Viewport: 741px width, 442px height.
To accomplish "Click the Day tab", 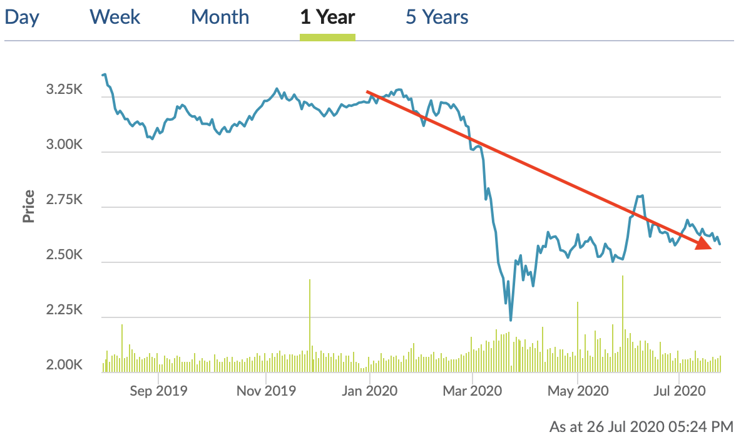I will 22,17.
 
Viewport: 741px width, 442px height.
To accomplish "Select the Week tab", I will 115,17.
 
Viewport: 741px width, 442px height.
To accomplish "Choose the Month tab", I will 220,17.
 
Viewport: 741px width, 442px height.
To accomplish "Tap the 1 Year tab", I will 327,17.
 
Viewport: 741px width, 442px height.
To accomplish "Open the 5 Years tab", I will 437,17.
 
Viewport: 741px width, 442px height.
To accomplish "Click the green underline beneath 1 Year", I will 327,37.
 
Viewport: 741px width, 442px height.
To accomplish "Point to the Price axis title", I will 28,207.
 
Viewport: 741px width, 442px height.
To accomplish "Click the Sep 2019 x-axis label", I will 158,391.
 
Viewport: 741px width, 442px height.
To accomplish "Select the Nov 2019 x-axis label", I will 266,391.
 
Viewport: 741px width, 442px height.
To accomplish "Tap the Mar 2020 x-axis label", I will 473,391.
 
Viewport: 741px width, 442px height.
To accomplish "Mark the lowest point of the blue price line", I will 511,320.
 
